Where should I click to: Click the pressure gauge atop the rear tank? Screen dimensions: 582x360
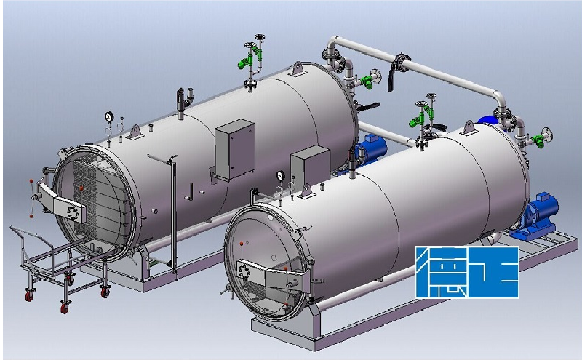108,116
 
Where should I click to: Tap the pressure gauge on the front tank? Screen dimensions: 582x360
280,175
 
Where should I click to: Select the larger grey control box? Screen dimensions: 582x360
235,150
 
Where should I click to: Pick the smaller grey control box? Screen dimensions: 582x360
310,166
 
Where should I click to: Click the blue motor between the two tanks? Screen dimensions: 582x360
371,151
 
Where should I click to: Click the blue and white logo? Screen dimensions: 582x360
467,272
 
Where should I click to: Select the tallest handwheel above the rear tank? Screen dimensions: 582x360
260,38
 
